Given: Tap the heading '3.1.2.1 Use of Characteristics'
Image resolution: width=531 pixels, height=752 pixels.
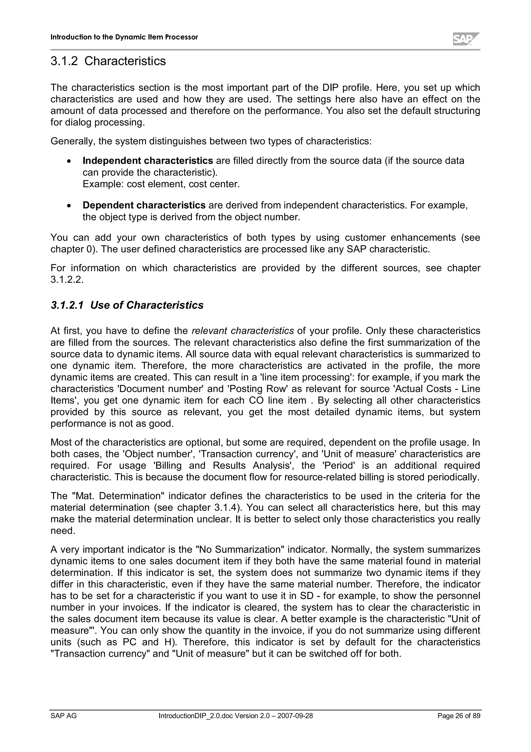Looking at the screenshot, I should [x=127, y=305].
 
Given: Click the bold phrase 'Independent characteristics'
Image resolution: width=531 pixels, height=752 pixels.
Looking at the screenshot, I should [x=148, y=161].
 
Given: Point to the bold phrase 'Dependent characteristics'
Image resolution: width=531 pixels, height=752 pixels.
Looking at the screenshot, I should [x=144, y=205].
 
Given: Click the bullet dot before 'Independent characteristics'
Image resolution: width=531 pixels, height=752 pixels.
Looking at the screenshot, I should [x=68, y=161].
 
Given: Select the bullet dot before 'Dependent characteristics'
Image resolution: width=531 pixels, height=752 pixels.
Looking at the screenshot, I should [x=68, y=206].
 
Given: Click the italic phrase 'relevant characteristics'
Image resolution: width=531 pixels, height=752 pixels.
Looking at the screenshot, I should [x=242, y=331].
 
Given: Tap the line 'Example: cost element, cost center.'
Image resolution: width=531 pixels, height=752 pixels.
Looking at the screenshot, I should [x=161, y=184].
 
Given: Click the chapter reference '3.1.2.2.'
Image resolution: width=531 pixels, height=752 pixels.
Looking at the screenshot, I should [x=67, y=280].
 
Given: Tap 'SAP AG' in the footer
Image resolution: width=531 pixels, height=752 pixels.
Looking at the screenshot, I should [x=64, y=716].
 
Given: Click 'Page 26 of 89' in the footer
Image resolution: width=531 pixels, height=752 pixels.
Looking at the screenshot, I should [x=459, y=716].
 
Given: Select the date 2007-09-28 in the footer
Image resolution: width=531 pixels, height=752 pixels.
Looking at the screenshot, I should [x=295, y=716].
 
